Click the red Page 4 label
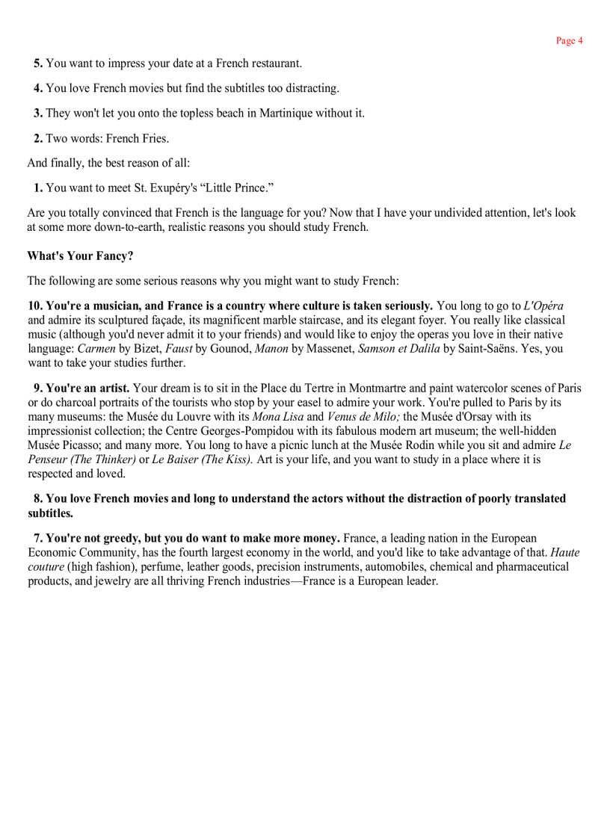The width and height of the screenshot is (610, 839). [569, 40]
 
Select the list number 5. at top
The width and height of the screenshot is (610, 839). [38, 64]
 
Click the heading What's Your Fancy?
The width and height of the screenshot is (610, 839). [80, 256]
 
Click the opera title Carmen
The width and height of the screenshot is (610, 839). [96, 349]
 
